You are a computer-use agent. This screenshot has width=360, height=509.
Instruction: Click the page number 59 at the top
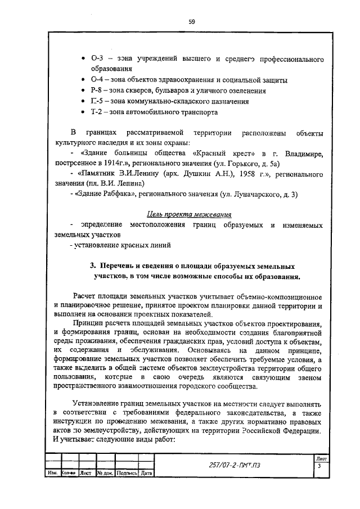point(191,21)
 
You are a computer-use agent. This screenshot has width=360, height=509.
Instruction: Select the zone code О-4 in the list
point(96,79)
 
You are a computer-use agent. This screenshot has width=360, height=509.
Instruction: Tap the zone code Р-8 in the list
point(96,90)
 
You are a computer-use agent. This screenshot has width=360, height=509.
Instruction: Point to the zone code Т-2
point(96,111)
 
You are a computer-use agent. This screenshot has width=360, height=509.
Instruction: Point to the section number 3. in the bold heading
point(94,265)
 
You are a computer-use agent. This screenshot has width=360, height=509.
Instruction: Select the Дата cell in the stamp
point(147,474)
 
